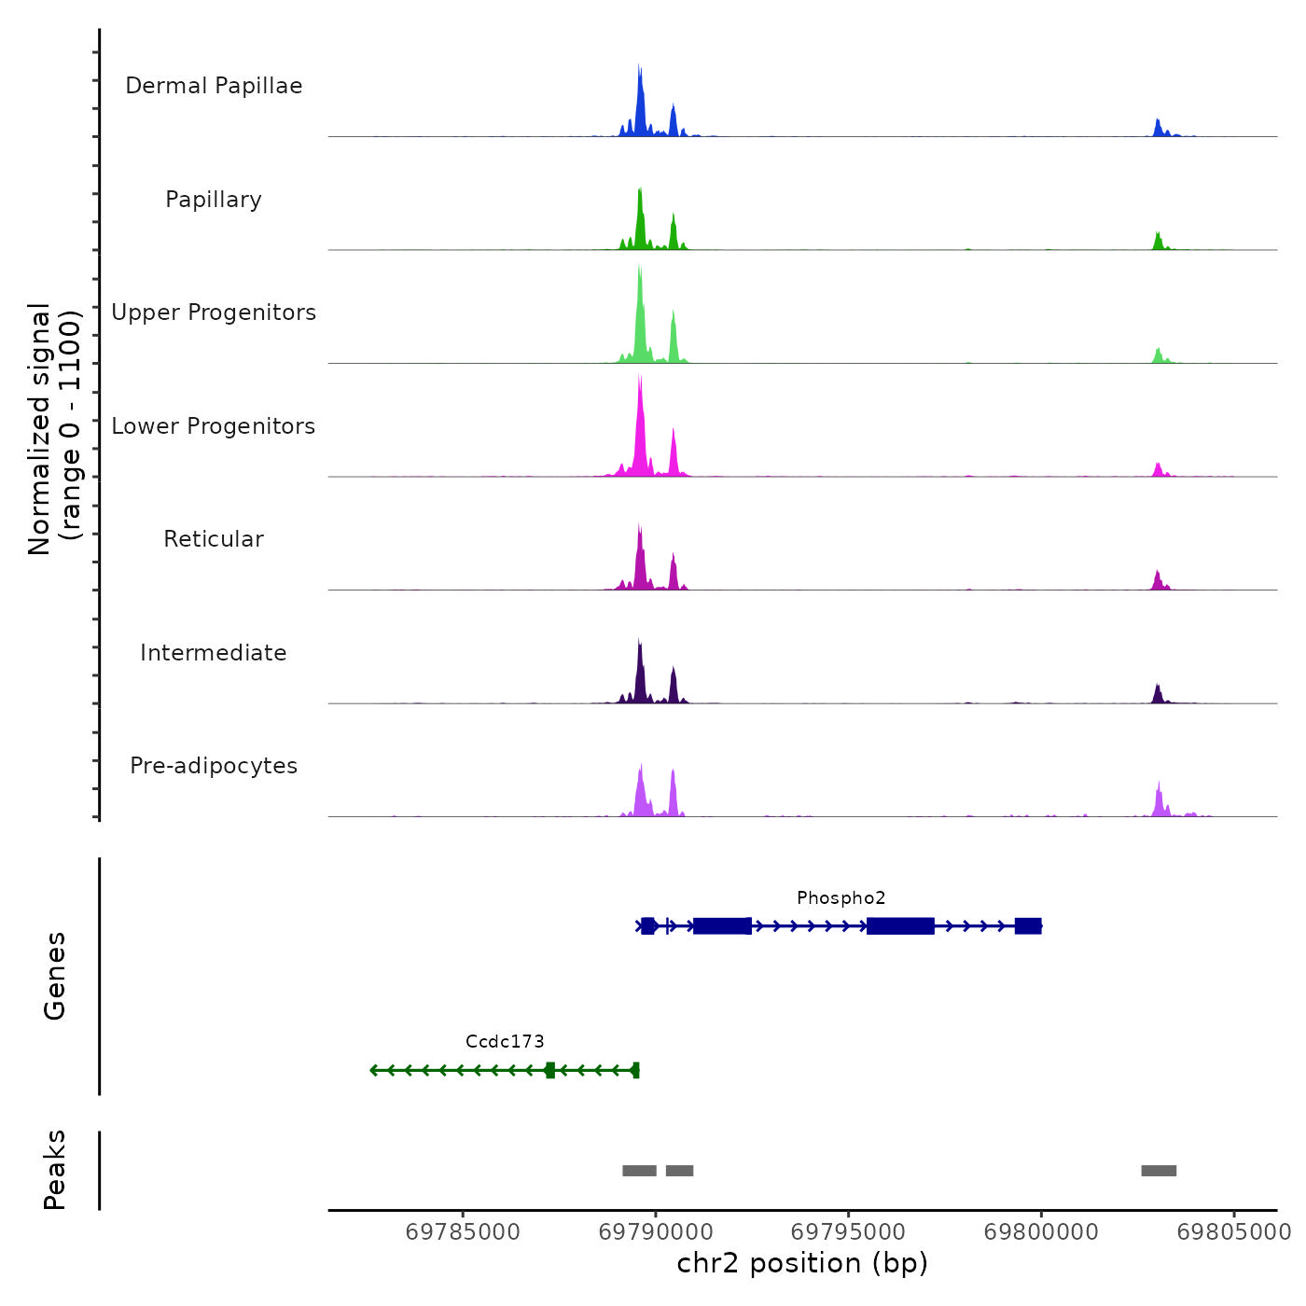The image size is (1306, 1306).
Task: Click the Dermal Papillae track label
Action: (x=214, y=86)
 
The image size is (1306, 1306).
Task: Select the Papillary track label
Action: (x=214, y=200)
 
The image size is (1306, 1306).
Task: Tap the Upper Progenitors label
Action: (x=214, y=313)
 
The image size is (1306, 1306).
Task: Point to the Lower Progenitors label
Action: (x=214, y=426)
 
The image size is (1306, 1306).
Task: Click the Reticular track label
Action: (x=214, y=539)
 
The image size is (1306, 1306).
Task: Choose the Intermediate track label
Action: (x=214, y=653)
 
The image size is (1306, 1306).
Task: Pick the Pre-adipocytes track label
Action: (x=214, y=766)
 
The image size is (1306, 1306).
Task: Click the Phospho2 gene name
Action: (x=841, y=898)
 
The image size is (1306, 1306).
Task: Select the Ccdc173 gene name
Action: (x=505, y=1042)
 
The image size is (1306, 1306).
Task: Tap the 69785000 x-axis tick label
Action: (x=463, y=1232)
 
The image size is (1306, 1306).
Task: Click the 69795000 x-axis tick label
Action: (x=848, y=1232)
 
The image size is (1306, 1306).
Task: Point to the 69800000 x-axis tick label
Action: (x=1041, y=1232)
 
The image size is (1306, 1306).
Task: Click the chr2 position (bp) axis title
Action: (x=802, y=1264)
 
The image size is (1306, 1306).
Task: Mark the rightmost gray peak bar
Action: (x=1159, y=1171)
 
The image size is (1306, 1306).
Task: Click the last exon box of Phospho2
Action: (x=1028, y=925)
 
